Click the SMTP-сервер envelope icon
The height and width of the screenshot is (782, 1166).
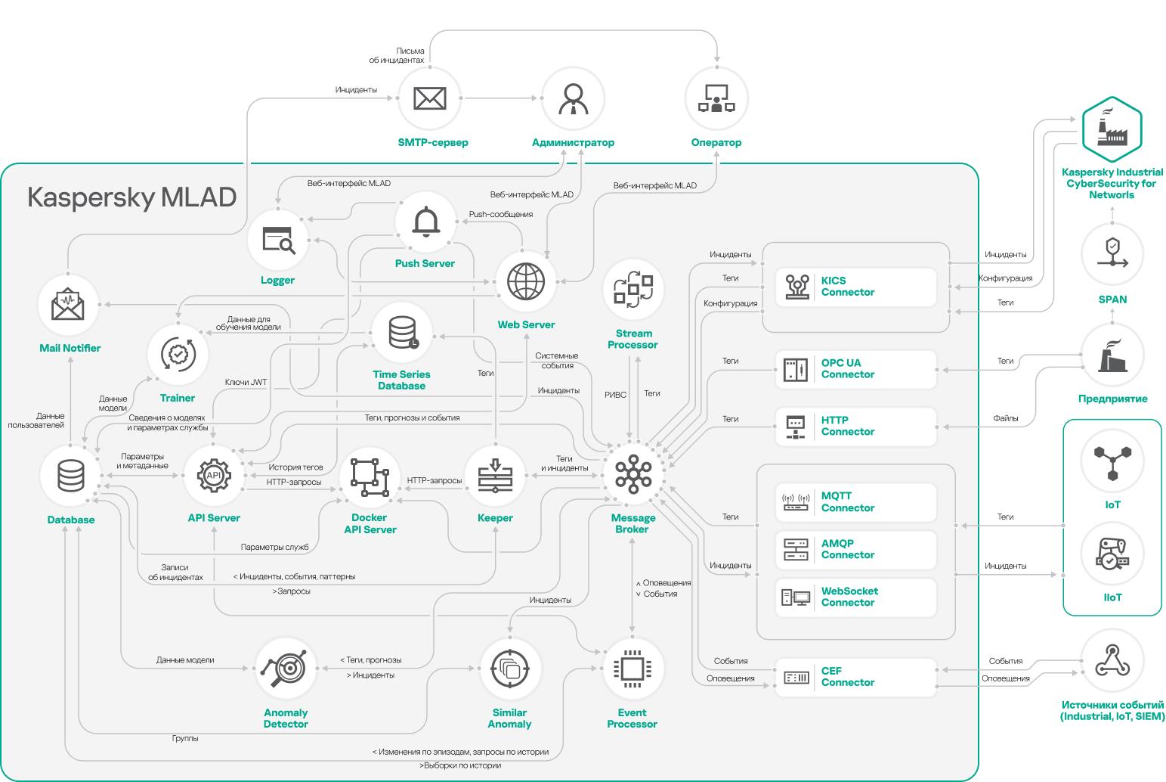pos(430,98)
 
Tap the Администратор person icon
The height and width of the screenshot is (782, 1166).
pos(573,98)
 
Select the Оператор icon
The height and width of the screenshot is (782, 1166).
pos(716,98)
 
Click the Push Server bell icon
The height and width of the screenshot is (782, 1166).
pos(425,222)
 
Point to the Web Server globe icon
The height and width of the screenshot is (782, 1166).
pos(526,282)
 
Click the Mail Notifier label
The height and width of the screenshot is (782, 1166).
pos(70,349)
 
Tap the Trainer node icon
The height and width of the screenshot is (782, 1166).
pos(178,353)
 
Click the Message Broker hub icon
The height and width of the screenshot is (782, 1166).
pos(633,475)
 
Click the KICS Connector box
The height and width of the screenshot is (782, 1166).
pos(856,287)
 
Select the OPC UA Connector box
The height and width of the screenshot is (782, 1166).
pos(856,369)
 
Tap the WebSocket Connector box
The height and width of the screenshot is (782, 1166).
pos(856,597)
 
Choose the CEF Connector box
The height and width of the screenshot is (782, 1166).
pos(856,677)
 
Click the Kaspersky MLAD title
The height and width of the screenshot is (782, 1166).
pos(132,197)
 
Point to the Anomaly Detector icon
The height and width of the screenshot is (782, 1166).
pos(286,668)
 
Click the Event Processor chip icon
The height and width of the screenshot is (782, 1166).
pos(632,668)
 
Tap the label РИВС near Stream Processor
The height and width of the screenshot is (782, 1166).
pos(615,394)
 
